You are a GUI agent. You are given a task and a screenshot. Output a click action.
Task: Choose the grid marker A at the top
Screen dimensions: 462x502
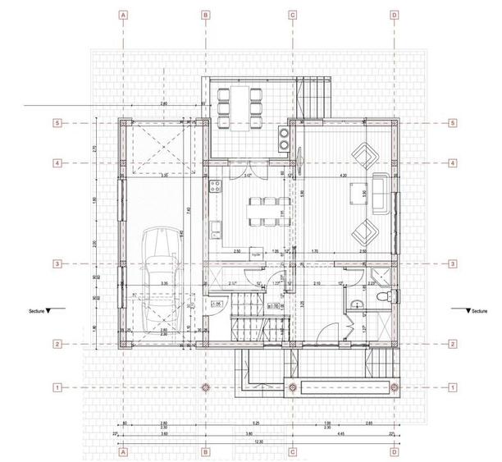tap(123, 15)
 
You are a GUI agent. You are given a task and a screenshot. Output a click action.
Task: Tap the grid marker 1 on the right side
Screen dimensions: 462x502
tap(453, 387)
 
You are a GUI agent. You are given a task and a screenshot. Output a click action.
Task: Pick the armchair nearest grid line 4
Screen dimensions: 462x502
tap(362, 153)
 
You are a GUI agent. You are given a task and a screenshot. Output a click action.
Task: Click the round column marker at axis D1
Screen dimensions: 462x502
tap(395, 387)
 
